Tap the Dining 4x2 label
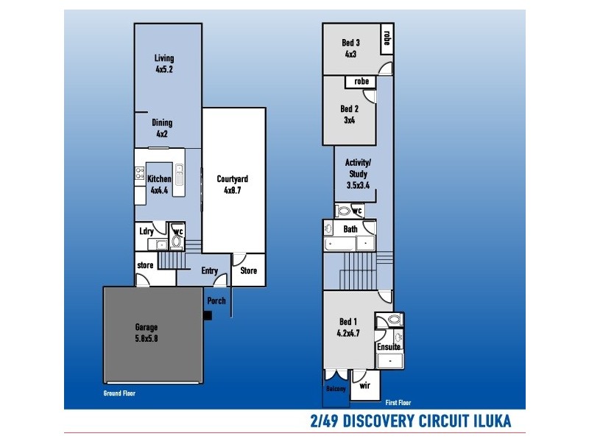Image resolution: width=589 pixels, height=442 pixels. point(162,128)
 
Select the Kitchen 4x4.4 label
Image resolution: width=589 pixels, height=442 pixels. point(160,183)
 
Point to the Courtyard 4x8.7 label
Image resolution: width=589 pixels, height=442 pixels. point(232,183)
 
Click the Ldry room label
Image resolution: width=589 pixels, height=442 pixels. point(146,231)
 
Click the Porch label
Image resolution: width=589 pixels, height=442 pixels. point(216,301)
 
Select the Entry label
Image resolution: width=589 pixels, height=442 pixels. point(209,271)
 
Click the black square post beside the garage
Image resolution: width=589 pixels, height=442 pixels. point(208,315)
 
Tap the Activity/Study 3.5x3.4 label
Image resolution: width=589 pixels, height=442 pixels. point(358,174)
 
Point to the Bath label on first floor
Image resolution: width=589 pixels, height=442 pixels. point(350,229)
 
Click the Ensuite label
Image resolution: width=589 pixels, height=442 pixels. point(388,346)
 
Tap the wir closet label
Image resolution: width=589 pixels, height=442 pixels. point(364,385)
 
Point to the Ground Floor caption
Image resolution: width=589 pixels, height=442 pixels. point(119,393)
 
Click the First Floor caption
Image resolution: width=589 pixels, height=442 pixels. point(398,403)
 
